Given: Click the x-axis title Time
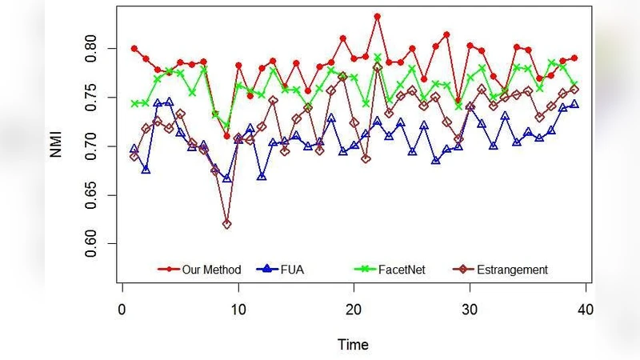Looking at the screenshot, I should [353, 345].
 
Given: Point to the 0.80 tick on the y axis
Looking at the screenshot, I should [95, 48].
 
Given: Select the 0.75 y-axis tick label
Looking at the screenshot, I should [95, 97].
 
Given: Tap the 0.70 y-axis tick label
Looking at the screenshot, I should [95, 146].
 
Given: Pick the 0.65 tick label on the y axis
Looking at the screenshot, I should [95, 194].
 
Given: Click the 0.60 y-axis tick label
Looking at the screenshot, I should [95, 243].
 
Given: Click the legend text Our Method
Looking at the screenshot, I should [210, 270].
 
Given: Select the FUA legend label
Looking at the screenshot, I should [292, 270].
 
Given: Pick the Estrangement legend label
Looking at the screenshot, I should [512, 270].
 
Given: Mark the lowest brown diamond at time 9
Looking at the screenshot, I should [226, 224].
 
